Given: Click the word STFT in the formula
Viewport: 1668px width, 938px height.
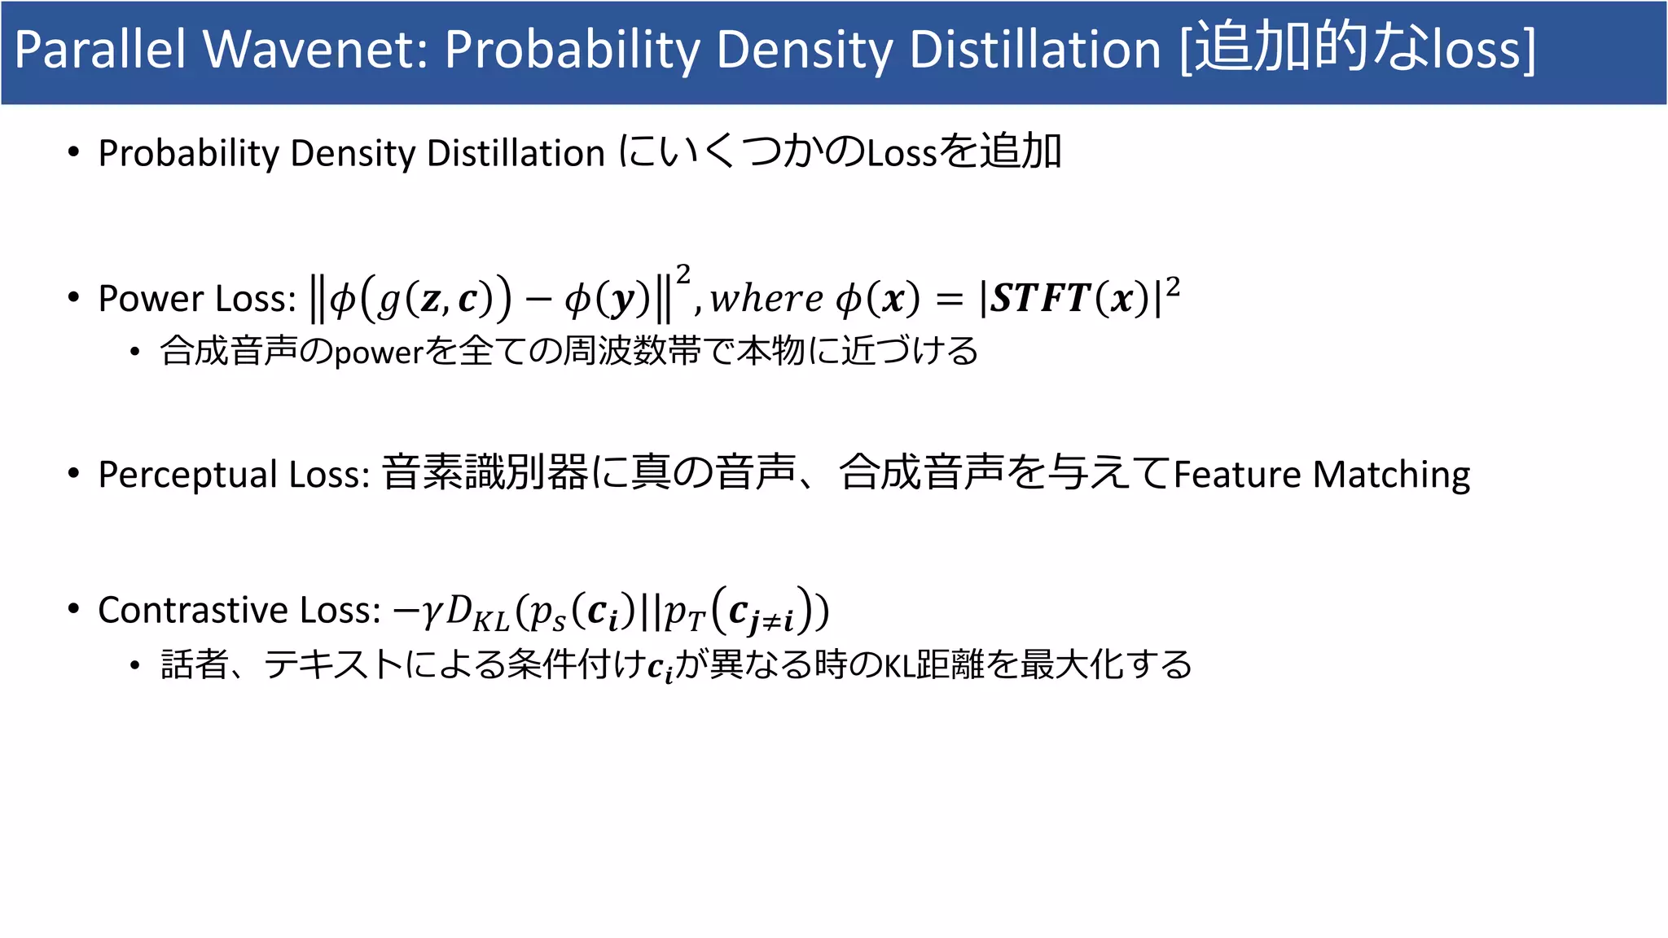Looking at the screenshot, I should point(1039,298).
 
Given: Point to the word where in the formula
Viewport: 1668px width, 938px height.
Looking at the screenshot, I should point(766,298).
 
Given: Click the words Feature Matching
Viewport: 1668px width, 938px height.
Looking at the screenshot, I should point(1321,475).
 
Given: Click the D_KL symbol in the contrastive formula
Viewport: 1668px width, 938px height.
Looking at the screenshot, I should point(477,612).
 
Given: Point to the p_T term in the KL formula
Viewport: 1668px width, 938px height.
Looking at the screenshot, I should point(684,612).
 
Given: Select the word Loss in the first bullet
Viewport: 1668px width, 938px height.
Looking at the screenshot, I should point(901,153).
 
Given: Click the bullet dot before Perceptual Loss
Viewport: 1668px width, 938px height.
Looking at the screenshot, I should point(74,473).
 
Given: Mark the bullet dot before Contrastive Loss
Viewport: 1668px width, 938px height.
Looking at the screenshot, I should point(74,608).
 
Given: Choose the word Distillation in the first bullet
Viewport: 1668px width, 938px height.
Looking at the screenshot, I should point(516,153).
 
